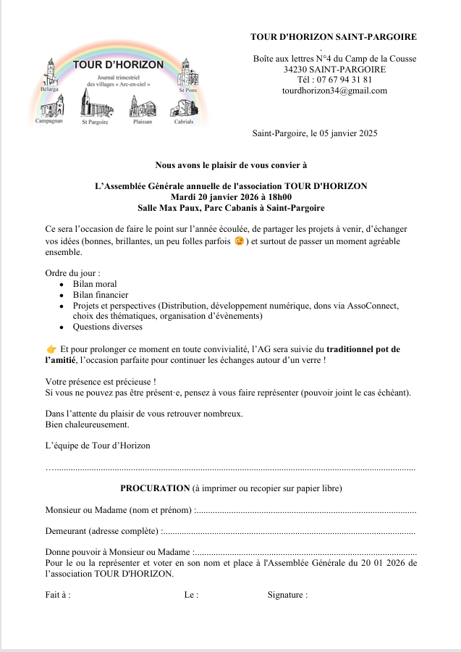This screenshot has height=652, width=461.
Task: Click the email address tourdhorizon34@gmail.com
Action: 334,91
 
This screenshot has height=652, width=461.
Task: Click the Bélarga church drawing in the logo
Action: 49,73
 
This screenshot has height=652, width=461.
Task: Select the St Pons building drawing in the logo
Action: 187,72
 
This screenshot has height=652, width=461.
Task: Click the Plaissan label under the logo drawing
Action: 143,122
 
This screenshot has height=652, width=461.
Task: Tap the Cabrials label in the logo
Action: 184,122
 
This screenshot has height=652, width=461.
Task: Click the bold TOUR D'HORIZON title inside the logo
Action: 119,64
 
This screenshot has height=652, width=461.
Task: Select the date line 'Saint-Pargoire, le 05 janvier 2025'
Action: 315,133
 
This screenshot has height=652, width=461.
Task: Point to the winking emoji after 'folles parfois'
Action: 240,241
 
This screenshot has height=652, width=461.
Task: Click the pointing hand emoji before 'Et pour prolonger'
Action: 51,349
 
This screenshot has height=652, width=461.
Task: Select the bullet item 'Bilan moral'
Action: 95,284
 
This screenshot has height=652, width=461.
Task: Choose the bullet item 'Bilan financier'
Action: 101,295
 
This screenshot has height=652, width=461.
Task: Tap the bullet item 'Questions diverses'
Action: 108,327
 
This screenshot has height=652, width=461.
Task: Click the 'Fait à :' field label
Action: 58,595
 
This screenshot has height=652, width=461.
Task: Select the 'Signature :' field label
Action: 287,595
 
